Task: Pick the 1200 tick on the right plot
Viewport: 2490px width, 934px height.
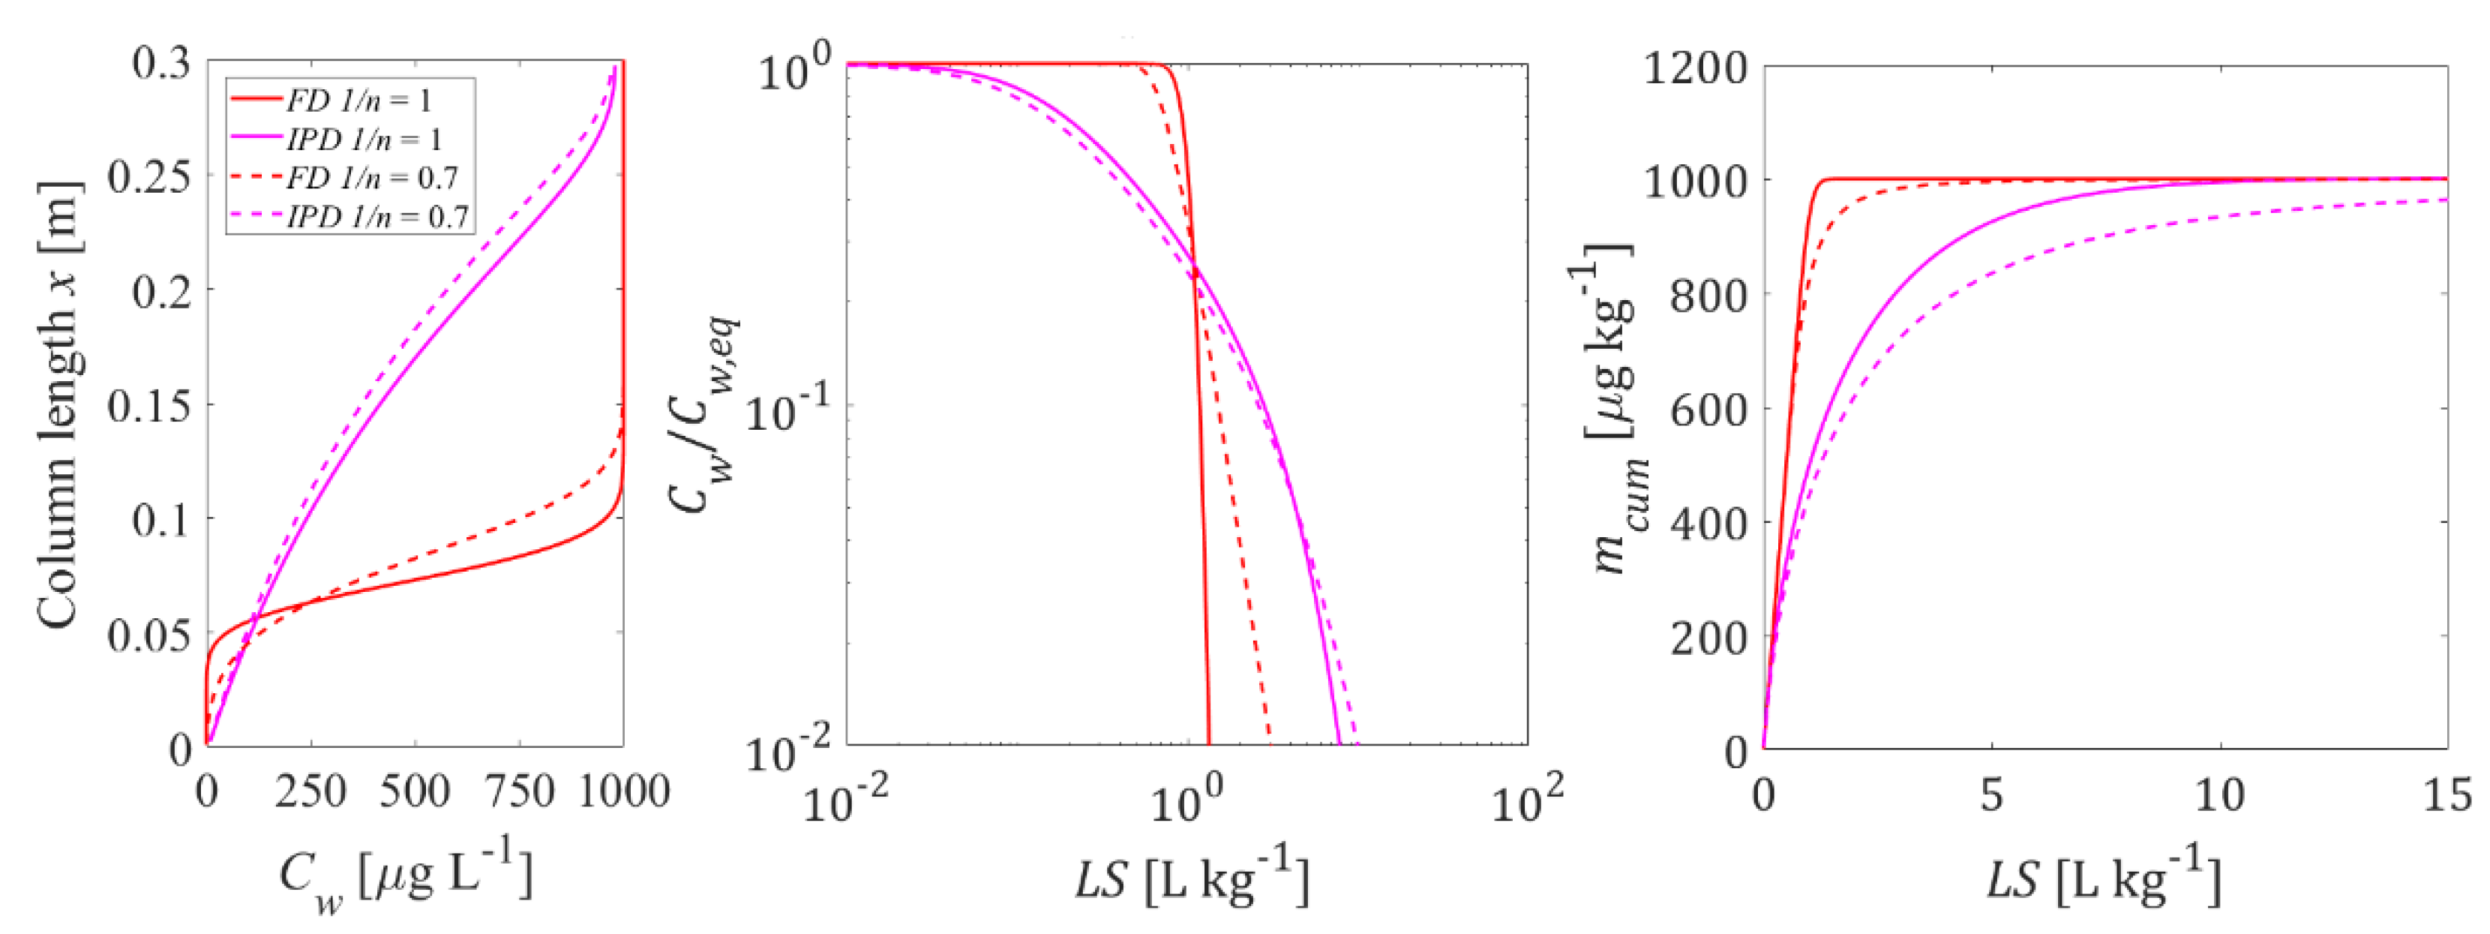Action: [1696, 68]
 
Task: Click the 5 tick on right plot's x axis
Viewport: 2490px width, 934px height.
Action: [1991, 794]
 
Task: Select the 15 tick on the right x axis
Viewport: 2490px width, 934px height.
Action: [2446, 794]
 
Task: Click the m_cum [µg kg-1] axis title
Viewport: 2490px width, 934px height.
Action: [1612, 406]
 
